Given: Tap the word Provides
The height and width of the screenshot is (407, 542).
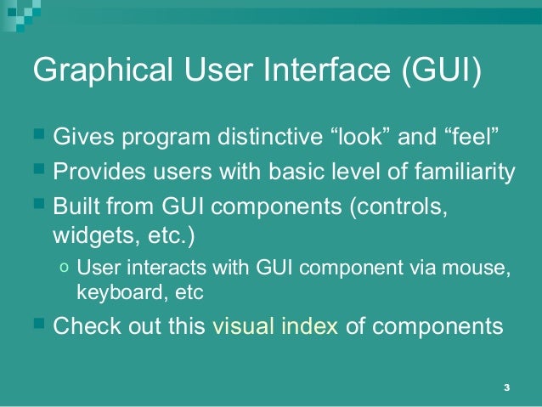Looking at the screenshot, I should [x=95, y=172].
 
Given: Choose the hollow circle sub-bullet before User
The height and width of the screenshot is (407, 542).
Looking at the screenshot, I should [x=65, y=269].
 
